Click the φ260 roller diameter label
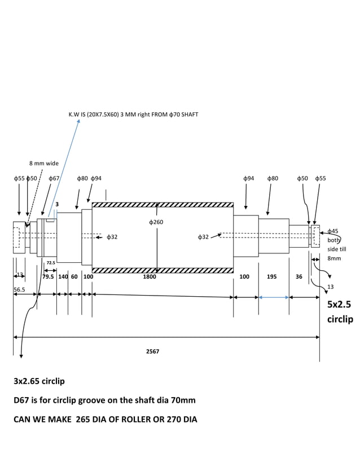point(156,222)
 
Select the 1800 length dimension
point(150,277)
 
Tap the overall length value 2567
point(152,351)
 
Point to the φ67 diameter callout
point(54,178)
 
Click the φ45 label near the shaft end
point(333,231)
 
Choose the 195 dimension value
point(271,277)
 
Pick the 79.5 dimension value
point(48,277)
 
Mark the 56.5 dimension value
point(19,289)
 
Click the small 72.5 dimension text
point(50,263)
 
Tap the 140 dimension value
point(63,277)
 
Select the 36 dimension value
point(299,277)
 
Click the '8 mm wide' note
point(44,163)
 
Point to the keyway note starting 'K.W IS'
point(133,115)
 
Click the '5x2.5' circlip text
point(339,305)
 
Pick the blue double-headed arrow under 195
point(274,297)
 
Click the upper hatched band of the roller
point(163,205)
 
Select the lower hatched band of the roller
point(163,270)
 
